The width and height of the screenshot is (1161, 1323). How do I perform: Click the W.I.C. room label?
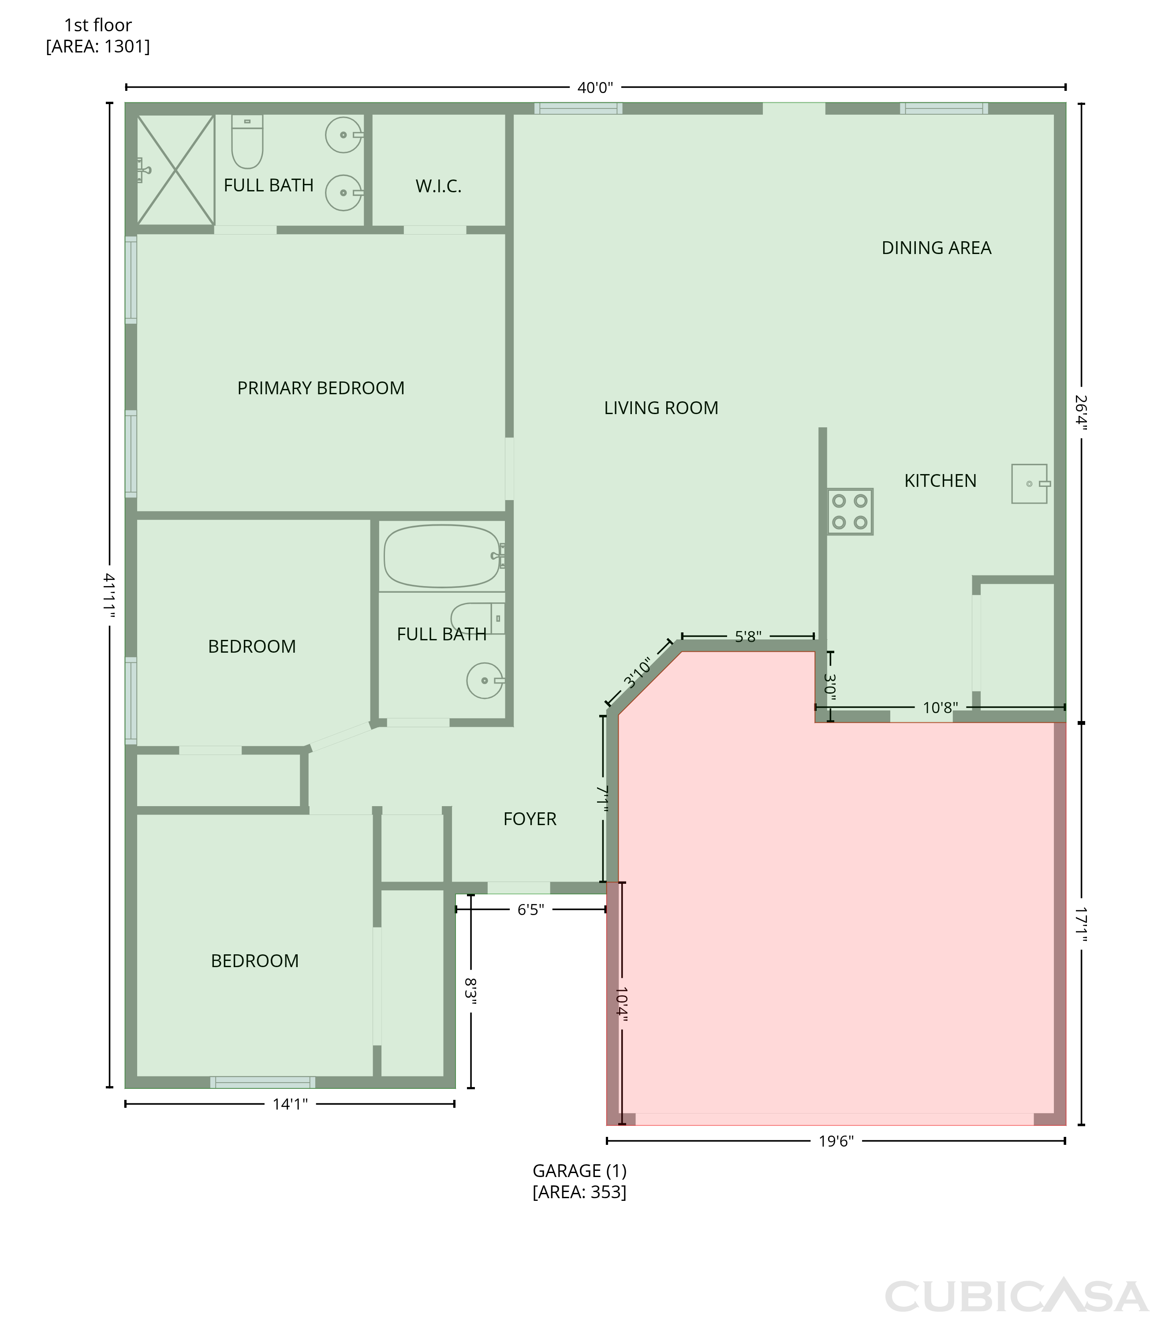point(438,187)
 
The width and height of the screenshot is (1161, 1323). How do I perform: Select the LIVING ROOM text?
point(661,408)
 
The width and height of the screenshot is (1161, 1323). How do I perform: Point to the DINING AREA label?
point(936,248)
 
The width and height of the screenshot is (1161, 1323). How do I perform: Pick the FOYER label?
point(530,819)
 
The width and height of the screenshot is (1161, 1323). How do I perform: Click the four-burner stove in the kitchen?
point(850,511)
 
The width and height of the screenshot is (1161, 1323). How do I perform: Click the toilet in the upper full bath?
point(247,142)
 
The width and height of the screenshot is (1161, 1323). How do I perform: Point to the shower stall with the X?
point(175,170)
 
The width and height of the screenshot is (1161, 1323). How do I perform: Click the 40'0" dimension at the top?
point(595,87)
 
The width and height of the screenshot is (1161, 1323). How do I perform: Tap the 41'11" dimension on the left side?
point(109,595)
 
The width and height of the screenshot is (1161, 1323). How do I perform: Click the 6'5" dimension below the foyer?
point(530,909)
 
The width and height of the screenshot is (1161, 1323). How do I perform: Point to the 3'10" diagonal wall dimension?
point(638,673)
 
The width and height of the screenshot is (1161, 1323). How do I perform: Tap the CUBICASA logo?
point(1016,1297)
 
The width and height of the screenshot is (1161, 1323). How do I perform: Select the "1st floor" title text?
point(98,25)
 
